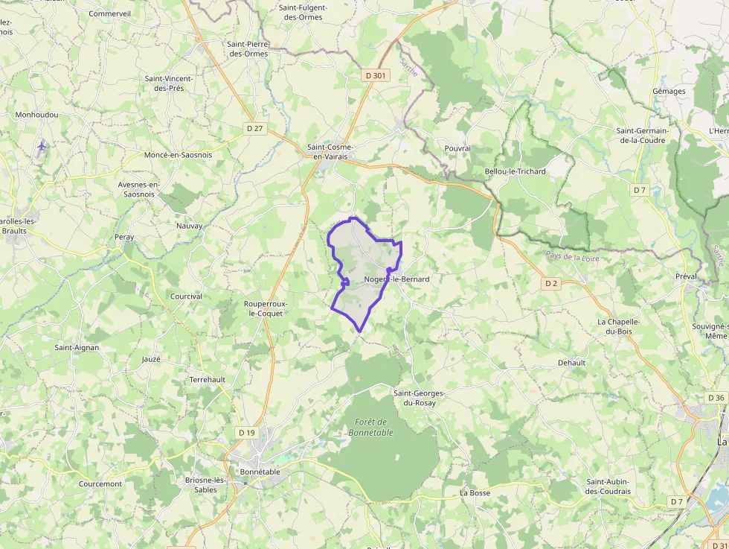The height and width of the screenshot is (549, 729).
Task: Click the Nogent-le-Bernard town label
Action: pyautogui.click(x=397, y=279)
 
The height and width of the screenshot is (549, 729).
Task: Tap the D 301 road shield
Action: pyautogui.click(x=376, y=75)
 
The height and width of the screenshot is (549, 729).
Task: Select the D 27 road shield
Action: pyautogui.click(x=255, y=128)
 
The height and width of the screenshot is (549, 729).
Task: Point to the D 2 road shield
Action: pyautogui.click(x=550, y=283)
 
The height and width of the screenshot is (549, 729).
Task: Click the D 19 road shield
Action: pyautogui.click(x=246, y=432)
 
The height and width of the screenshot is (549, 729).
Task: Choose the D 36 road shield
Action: pyautogui.click(x=716, y=397)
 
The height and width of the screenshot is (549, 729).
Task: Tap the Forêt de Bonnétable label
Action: pyautogui.click(x=370, y=427)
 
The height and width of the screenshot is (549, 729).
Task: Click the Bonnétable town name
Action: pyautogui.click(x=260, y=472)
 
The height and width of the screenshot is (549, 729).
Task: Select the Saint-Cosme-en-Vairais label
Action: pyautogui.click(x=330, y=151)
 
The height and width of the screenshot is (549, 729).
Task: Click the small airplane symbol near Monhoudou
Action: pyautogui.click(x=42, y=145)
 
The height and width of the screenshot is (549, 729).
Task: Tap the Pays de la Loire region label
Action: pyautogui.click(x=572, y=257)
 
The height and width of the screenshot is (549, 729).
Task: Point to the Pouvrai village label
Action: pyautogui.click(x=457, y=148)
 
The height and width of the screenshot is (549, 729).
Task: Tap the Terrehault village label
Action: pyautogui.click(x=208, y=379)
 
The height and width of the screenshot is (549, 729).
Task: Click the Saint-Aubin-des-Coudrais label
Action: pyautogui.click(x=608, y=486)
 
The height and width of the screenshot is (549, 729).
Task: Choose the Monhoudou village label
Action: pyautogui.click(x=36, y=115)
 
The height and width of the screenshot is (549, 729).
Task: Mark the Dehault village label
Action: pyautogui.click(x=571, y=363)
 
